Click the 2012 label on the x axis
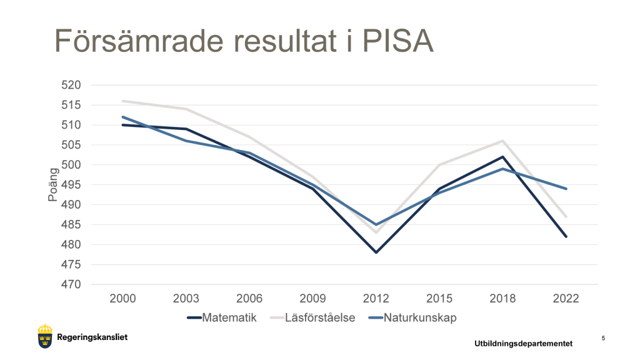click(376, 299)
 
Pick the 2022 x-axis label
click(566, 299)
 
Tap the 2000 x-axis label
click(123, 299)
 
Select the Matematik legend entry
click(222, 317)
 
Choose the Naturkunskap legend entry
click(411, 317)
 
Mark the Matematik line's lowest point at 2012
click(376, 252)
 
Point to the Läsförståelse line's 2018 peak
click(502, 141)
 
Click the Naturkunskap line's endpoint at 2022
click(566, 189)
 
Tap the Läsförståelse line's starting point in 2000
click(123, 101)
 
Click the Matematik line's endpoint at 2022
click(566, 237)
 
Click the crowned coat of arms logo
click(45, 337)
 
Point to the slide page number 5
click(603, 338)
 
